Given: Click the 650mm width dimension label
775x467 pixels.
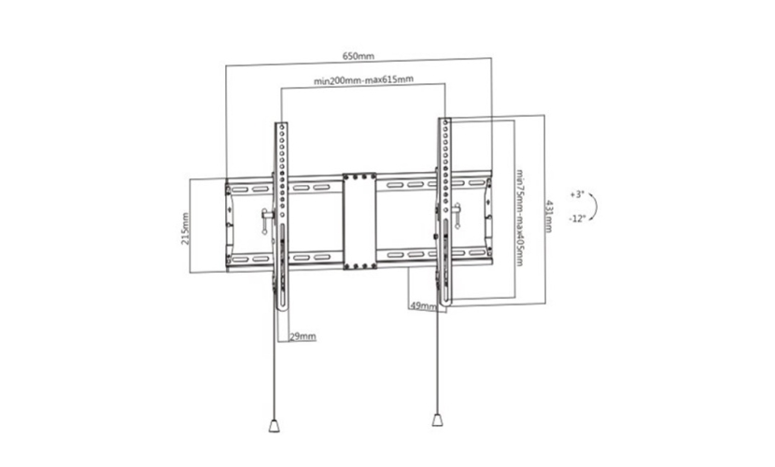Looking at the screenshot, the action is (x=359, y=56).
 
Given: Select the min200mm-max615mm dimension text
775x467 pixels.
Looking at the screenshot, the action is (x=364, y=79).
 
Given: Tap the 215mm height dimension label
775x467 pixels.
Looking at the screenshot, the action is (x=186, y=228).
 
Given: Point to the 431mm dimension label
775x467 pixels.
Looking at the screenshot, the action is (x=549, y=216).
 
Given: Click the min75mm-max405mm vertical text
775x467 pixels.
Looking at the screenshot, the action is (x=520, y=218).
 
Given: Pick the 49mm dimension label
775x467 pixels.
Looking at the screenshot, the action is (x=423, y=306).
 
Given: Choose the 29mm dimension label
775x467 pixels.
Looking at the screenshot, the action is (x=303, y=336).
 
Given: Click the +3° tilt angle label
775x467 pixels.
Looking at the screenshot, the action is (x=577, y=194).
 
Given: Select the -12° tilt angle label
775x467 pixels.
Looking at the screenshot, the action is (x=577, y=219).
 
